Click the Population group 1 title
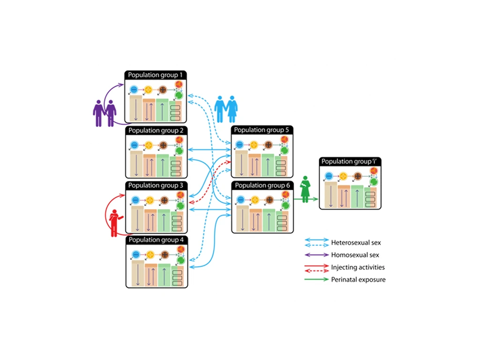(x=157, y=75)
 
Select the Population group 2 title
(x=157, y=130)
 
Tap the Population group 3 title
(x=157, y=186)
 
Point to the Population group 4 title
(x=157, y=240)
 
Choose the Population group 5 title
(x=262, y=130)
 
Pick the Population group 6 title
(x=262, y=186)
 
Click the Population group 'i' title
(x=350, y=161)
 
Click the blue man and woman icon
(x=226, y=109)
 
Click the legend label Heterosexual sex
(x=356, y=243)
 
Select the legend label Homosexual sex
(x=355, y=255)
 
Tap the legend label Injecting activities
(x=358, y=267)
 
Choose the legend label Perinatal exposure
(x=358, y=280)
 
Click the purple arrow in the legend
(x=316, y=255)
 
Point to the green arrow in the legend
(x=316, y=279)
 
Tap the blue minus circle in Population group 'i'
(x=329, y=176)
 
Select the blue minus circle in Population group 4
(x=136, y=255)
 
